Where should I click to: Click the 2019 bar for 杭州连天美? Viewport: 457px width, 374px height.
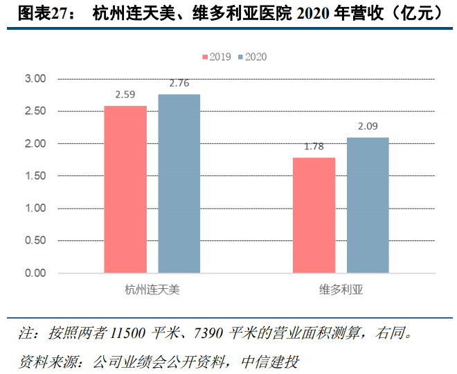pyautogui.click(x=125, y=189)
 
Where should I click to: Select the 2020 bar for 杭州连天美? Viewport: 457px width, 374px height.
pyautogui.click(x=179, y=184)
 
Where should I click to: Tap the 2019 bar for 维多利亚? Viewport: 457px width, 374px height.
pyautogui.click(x=314, y=215)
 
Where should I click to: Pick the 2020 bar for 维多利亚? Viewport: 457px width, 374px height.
pyautogui.click(x=368, y=205)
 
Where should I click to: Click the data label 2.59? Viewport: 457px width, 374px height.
pyautogui.click(x=125, y=95)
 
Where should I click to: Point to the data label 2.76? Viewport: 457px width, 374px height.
pyautogui.click(x=179, y=84)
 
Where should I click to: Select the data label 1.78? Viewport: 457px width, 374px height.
pyautogui.click(x=314, y=147)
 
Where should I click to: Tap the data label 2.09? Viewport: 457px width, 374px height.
pyautogui.click(x=368, y=127)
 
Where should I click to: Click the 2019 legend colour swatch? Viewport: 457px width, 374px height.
pyautogui.click(x=204, y=57)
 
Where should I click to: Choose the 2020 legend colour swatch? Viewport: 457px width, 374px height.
pyautogui.click(x=240, y=57)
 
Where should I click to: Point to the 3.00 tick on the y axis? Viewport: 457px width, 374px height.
pyautogui.click(x=35, y=79)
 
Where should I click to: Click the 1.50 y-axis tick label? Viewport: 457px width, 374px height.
pyautogui.click(x=35, y=176)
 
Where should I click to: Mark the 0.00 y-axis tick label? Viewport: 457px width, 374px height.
pyautogui.click(x=35, y=273)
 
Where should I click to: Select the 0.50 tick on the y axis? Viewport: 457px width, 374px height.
pyautogui.click(x=35, y=240)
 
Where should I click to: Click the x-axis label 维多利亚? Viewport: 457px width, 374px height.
pyautogui.click(x=341, y=289)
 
